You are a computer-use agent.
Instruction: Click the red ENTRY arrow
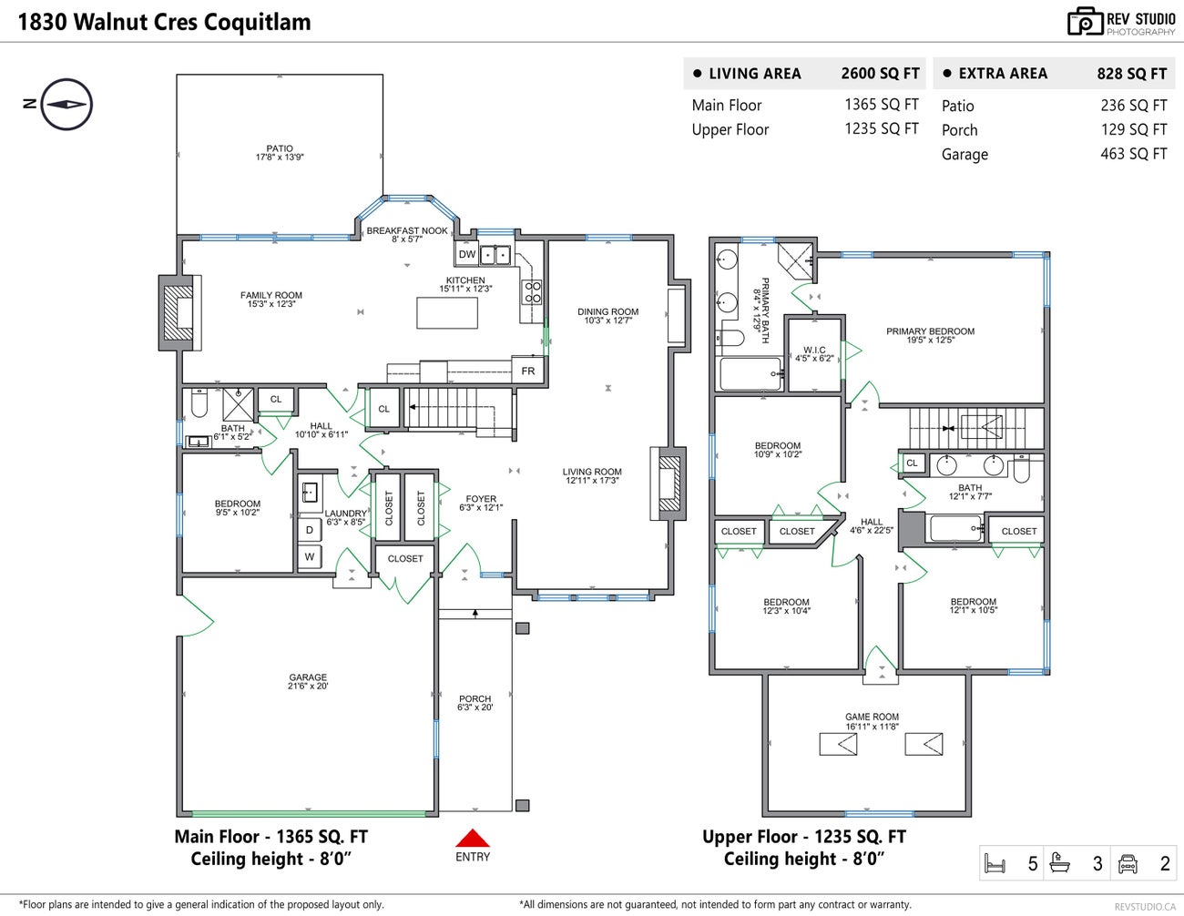pyautogui.click(x=473, y=839)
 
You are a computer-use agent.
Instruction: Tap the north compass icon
pyautogui.click(x=66, y=104)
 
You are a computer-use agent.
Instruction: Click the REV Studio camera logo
pyautogui.click(x=1085, y=22)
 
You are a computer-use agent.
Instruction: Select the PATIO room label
pyautogui.click(x=280, y=152)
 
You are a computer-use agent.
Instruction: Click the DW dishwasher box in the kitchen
pyautogui.click(x=466, y=255)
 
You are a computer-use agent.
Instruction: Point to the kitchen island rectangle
pyautogui.click(x=447, y=312)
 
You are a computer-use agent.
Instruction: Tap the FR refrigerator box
pyautogui.click(x=528, y=371)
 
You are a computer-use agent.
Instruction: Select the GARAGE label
pyautogui.click(x=308, y=681)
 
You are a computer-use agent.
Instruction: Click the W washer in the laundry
pyautogui.click(x=310, y=556)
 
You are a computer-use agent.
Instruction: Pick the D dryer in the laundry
pyautogui.click(x=310, y=530)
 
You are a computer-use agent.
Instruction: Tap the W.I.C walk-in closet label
pyautogui.click(x=814, y=353)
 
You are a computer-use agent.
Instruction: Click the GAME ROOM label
pyautogui.click(x=872, y=721)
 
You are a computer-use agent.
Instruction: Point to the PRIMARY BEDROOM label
pyautogui.click(x=930, y=335)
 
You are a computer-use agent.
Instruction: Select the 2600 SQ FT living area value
pyautogui.click(x=880, y=74)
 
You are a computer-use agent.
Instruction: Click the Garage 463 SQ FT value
pyautogui.click(x=1133, y=154)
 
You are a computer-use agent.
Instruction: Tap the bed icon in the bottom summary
pyautogui.click(x=995, y=863)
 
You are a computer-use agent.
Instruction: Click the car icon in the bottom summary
pyautogui.click(x=1128, y=863)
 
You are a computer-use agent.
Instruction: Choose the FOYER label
pyautogui.click(x=481, y=503)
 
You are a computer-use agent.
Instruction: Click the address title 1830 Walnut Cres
pyautogui.click(x=164, y=22)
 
